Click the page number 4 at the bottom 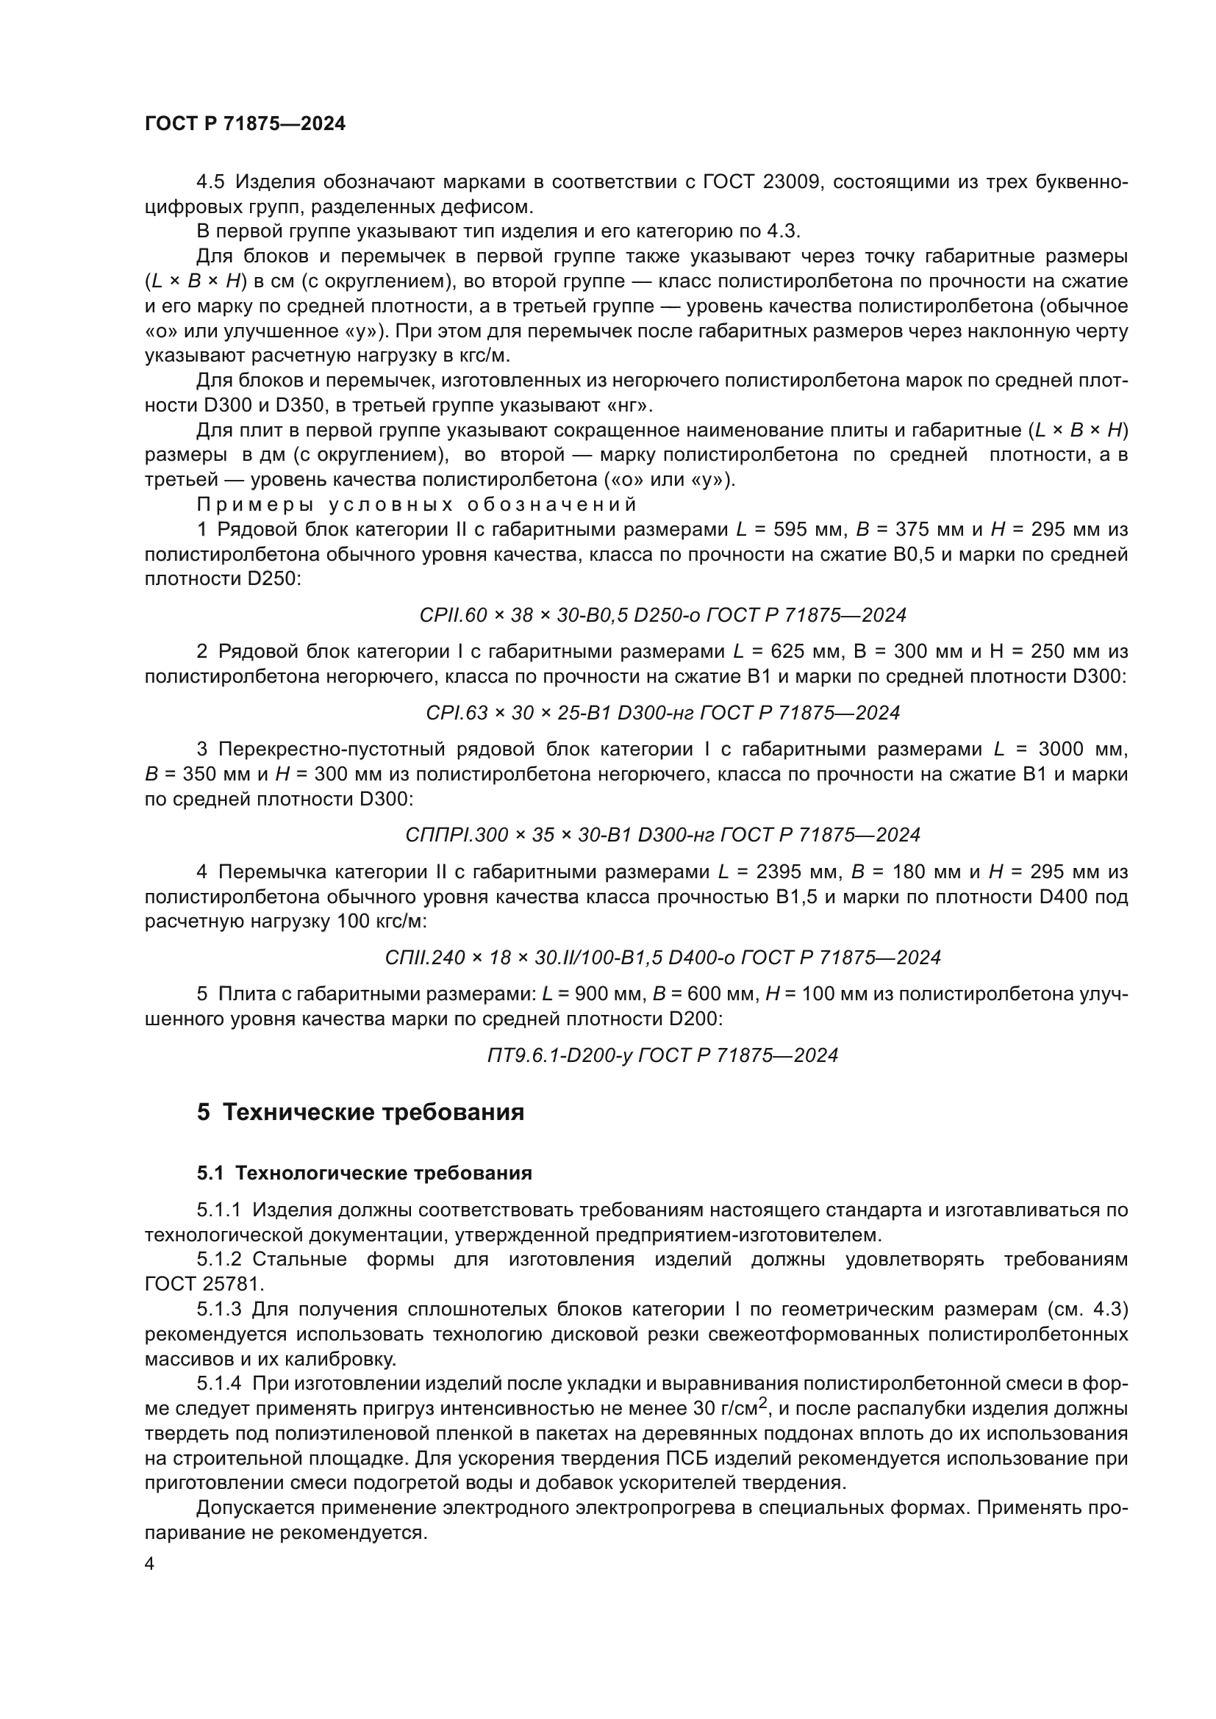[x=150, y=1564]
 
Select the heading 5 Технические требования [x=360, y=1113]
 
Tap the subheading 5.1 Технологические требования [x=364, y=1173]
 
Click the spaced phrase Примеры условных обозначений [x=416, y=504]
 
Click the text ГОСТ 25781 [x=204, y=1284]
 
